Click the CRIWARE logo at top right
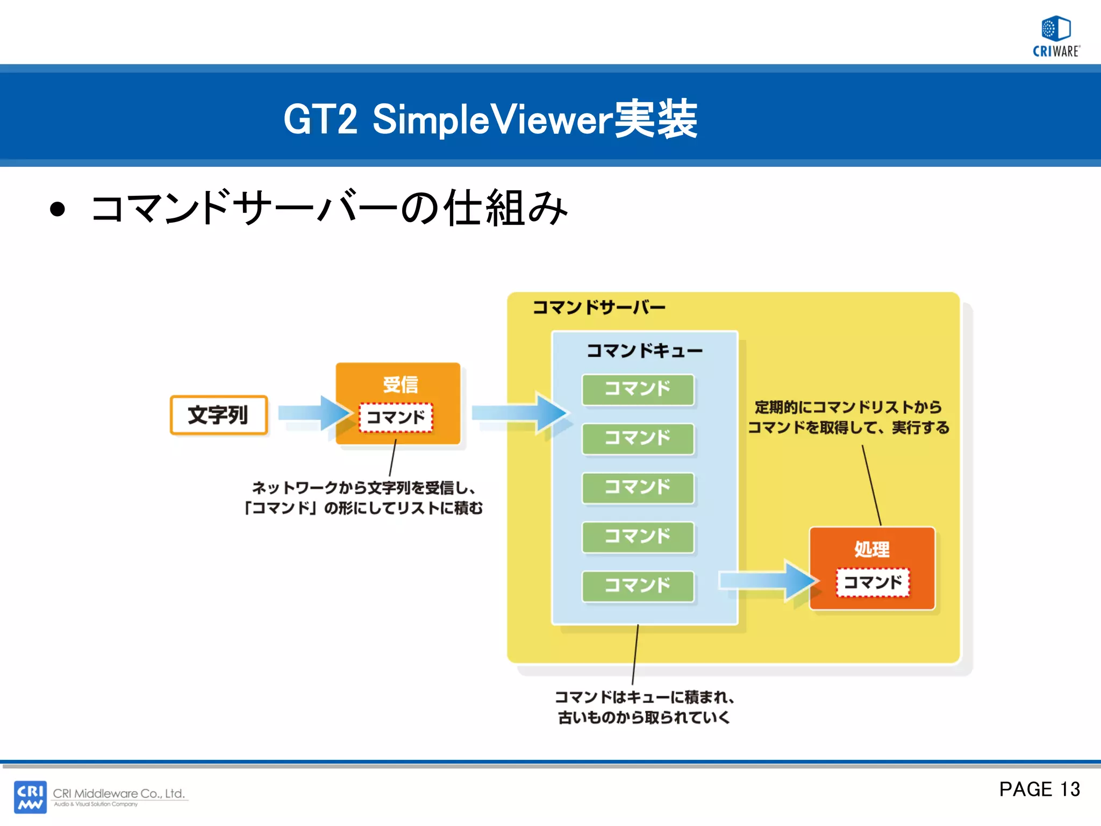point(1056,36)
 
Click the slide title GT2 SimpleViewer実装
point(490,119)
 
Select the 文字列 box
point(218,415)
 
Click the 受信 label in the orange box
point(400,384)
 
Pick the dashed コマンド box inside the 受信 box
point(396,417)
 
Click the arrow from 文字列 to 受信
point(312,413)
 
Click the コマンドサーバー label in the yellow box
point(598,307)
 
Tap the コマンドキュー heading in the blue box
point(644,351)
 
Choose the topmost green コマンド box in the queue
point(638,389)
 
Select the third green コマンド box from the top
point(638,487)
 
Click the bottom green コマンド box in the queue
point(638,586)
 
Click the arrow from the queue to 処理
point(766,581)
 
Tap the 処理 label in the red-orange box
point(871,549)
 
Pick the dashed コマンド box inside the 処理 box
point(873,582)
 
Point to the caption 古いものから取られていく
point(644,717)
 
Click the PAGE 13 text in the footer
point(1039,789)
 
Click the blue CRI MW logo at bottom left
point(30,796)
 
